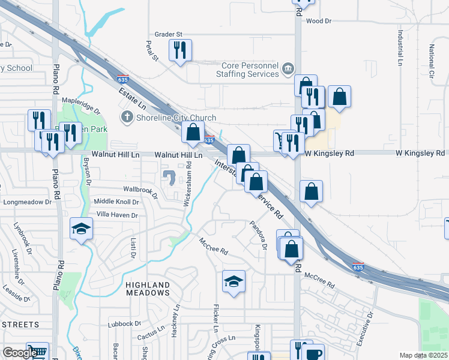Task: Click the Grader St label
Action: point(168,35)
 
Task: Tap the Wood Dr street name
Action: point(318,21)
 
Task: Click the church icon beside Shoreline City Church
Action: point(127,118)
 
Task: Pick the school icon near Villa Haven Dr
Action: point(81,229)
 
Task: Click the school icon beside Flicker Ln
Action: point(234,281)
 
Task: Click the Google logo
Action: point(19,353)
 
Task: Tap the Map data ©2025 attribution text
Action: point(423,355)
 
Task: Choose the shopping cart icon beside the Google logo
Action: point(38,352)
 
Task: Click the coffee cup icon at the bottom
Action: point(314,354)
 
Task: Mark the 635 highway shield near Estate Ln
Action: point(122,79)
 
